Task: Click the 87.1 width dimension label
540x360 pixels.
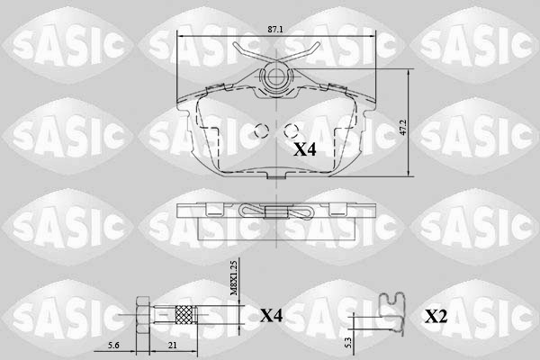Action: point(275,30)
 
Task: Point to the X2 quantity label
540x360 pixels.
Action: point(436,316)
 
